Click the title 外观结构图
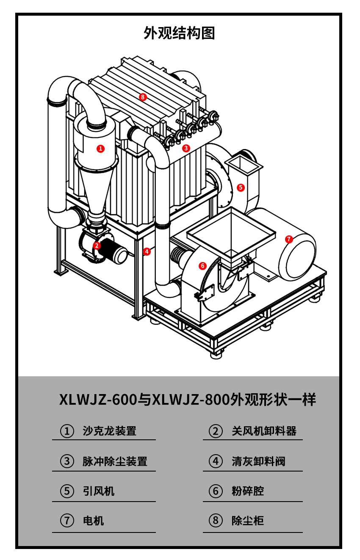(x=179, y=33)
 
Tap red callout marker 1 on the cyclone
(x=100, y=149)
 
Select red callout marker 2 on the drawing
(x=97, y=245)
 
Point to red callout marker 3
(x=186, y=148)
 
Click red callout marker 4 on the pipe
(x=147, y=251)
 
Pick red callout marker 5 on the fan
(x=241, y=187)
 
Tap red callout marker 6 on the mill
(x=202, y=266)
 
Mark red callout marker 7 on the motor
(x=289, y=239)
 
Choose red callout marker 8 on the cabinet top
(x=143, y=97)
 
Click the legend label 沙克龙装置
(x=110, y=431)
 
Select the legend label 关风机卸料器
(x=264, y=431)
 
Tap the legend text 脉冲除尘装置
(x=115, y=461)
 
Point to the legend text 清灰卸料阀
(x=258, y=461)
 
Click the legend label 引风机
(x=99, y=491)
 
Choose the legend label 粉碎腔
(x=248, y=491)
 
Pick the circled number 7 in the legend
(x=67, y=521)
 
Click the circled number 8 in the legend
(x=216, y=521)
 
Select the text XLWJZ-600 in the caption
(x=98, y=400)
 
